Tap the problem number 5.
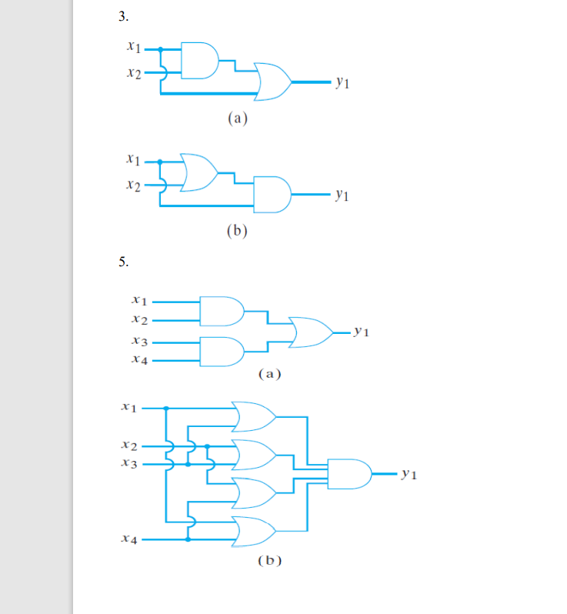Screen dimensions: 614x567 pos(123,262)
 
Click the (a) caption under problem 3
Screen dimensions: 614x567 pos(236,118)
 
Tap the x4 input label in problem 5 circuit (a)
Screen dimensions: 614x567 pos(139,359)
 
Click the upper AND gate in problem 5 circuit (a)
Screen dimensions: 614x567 pos(222,309)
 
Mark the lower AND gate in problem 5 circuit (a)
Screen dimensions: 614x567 pos(222,351)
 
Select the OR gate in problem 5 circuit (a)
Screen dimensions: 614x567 pos(310,331)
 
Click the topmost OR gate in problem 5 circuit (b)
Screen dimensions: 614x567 pos(254,416)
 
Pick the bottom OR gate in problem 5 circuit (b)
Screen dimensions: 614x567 pos(254,530)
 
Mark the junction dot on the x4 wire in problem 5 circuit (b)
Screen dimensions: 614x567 pos(188,540)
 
